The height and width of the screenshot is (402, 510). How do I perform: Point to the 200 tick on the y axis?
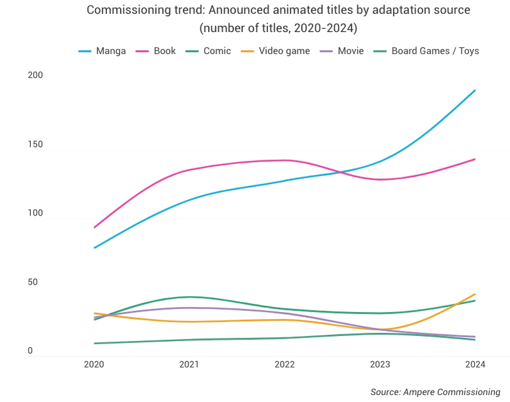(35, 75)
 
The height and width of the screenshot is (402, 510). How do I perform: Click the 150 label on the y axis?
(35, 144)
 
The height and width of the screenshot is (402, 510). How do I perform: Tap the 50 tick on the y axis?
(33, 282)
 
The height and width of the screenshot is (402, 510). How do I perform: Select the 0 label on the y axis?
(30, 351)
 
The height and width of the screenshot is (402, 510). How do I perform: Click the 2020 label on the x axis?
(94, 364)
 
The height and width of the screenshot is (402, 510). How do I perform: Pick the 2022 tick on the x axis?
(285, 364)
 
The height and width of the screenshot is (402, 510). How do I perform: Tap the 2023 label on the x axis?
(380, 364)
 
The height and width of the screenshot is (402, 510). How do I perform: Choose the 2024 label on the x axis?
(475, 364)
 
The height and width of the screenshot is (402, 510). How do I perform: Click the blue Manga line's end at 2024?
(475, 90)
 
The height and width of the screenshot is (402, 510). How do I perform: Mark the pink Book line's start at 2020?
(94, 227)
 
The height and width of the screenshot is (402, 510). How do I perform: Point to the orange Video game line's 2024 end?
(475, 294)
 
